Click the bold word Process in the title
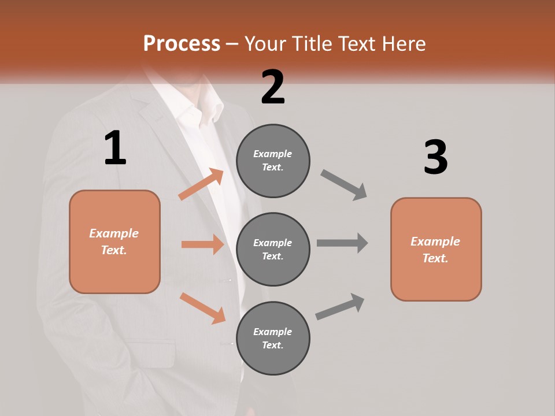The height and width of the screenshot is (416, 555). tap(182, 43)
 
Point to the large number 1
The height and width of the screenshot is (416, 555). tap(115, 148)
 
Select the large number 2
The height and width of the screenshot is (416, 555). tap(273, 87)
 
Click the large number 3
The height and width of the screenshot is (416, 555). tap(435, 158)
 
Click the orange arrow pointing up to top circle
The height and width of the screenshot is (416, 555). tap(201, 184)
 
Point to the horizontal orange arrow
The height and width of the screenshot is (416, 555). tap(202, 244)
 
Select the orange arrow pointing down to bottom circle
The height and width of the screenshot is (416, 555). tap(202, 308)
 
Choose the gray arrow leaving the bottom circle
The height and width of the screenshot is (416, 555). tap(340, 307)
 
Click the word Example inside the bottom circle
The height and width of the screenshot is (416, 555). tap(272, 332)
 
